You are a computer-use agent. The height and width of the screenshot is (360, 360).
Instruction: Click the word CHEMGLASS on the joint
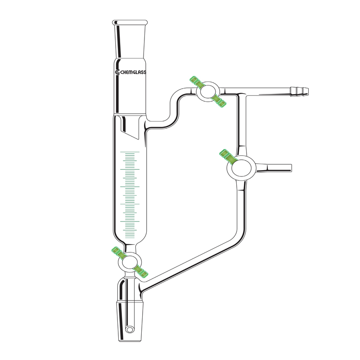[x=133, y=72]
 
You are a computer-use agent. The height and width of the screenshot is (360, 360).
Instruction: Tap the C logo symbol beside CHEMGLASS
[x=117, y=72]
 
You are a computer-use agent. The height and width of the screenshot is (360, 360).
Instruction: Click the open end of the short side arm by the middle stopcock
[x=290, y=168]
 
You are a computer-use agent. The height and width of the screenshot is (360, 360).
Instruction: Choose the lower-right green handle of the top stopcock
[x=220, y=103]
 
